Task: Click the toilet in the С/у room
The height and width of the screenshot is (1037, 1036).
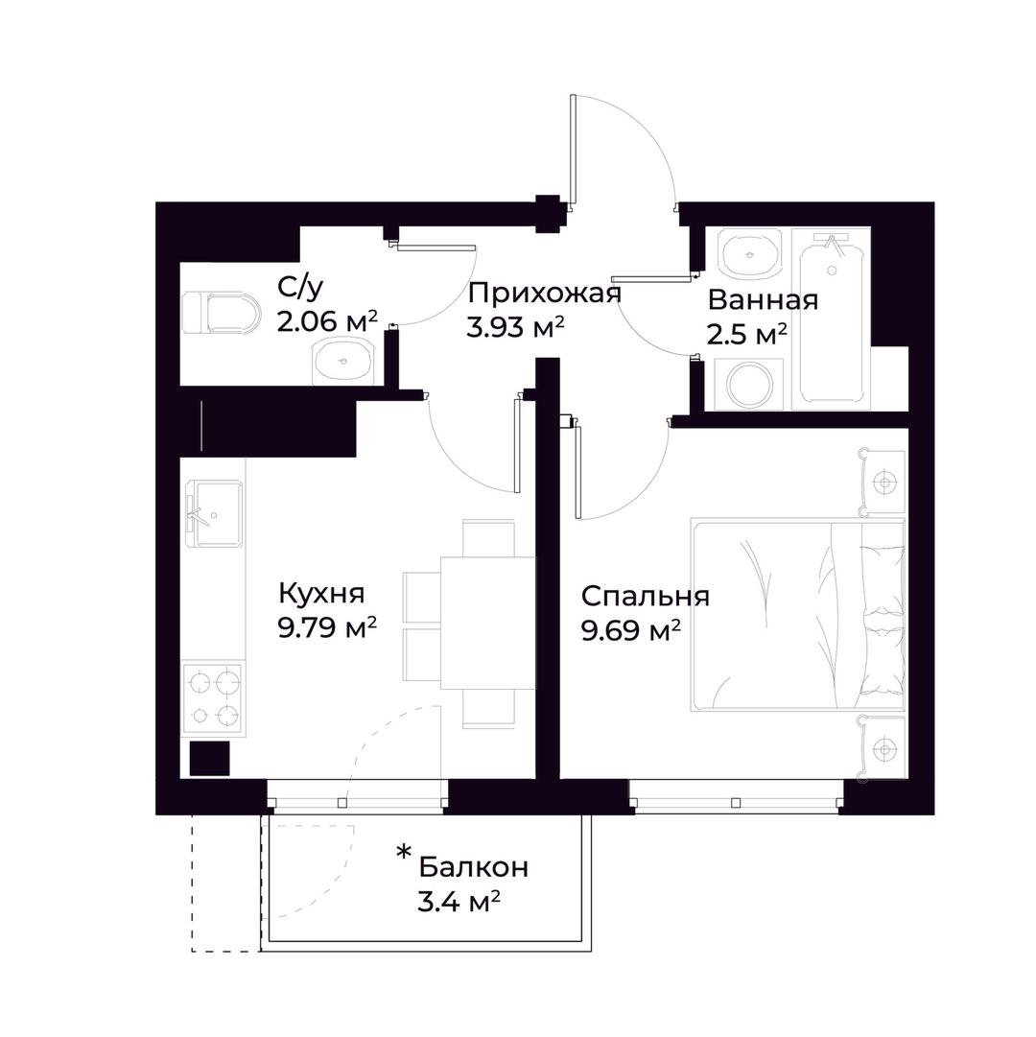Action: tap(219, 313)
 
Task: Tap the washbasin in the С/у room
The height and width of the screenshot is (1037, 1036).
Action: tap(342, 359)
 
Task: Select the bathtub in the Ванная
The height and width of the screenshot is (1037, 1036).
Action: tap(832, 318)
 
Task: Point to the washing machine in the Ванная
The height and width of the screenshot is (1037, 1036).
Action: tap(750, 385)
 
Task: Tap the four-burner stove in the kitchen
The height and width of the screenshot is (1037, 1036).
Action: tap(214, 698)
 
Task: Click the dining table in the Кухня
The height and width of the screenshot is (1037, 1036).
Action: tap(488, 623)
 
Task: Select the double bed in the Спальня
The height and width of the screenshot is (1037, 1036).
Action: tap(797, 615)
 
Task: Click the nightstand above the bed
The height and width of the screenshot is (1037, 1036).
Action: tap(882, 482)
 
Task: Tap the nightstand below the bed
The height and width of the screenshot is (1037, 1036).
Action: tap(882, 748)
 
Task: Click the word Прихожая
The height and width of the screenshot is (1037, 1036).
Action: tap(544, 294)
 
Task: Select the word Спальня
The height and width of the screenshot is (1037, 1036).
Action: tap(646, 596)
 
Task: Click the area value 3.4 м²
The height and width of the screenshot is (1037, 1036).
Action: tap(459, 901)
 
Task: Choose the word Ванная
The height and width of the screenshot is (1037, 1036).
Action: tap(763, 300)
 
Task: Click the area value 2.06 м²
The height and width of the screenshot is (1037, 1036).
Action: tap(327, 321)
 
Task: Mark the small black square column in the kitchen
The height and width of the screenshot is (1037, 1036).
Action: tap(209, 758)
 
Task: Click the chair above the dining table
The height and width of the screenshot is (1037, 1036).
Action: tap(488, 537)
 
